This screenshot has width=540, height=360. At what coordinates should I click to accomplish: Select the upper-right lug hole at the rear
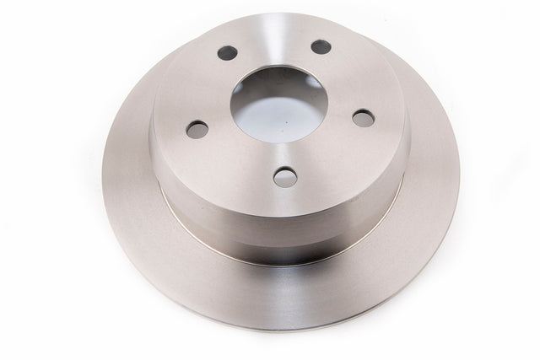[319, 46]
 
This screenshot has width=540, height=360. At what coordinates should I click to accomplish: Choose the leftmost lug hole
[196, 129]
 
